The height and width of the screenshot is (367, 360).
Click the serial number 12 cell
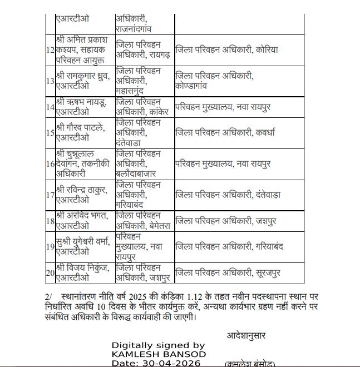point(50,50)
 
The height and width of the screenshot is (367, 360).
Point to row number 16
point(50,163)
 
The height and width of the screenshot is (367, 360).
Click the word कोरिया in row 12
point(267,50)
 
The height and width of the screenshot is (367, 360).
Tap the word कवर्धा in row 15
point(266,132)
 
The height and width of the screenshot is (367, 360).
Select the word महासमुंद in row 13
point(132,91)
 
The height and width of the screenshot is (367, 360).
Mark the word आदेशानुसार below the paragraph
point(246,336)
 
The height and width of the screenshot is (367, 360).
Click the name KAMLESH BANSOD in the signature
point(159,354)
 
